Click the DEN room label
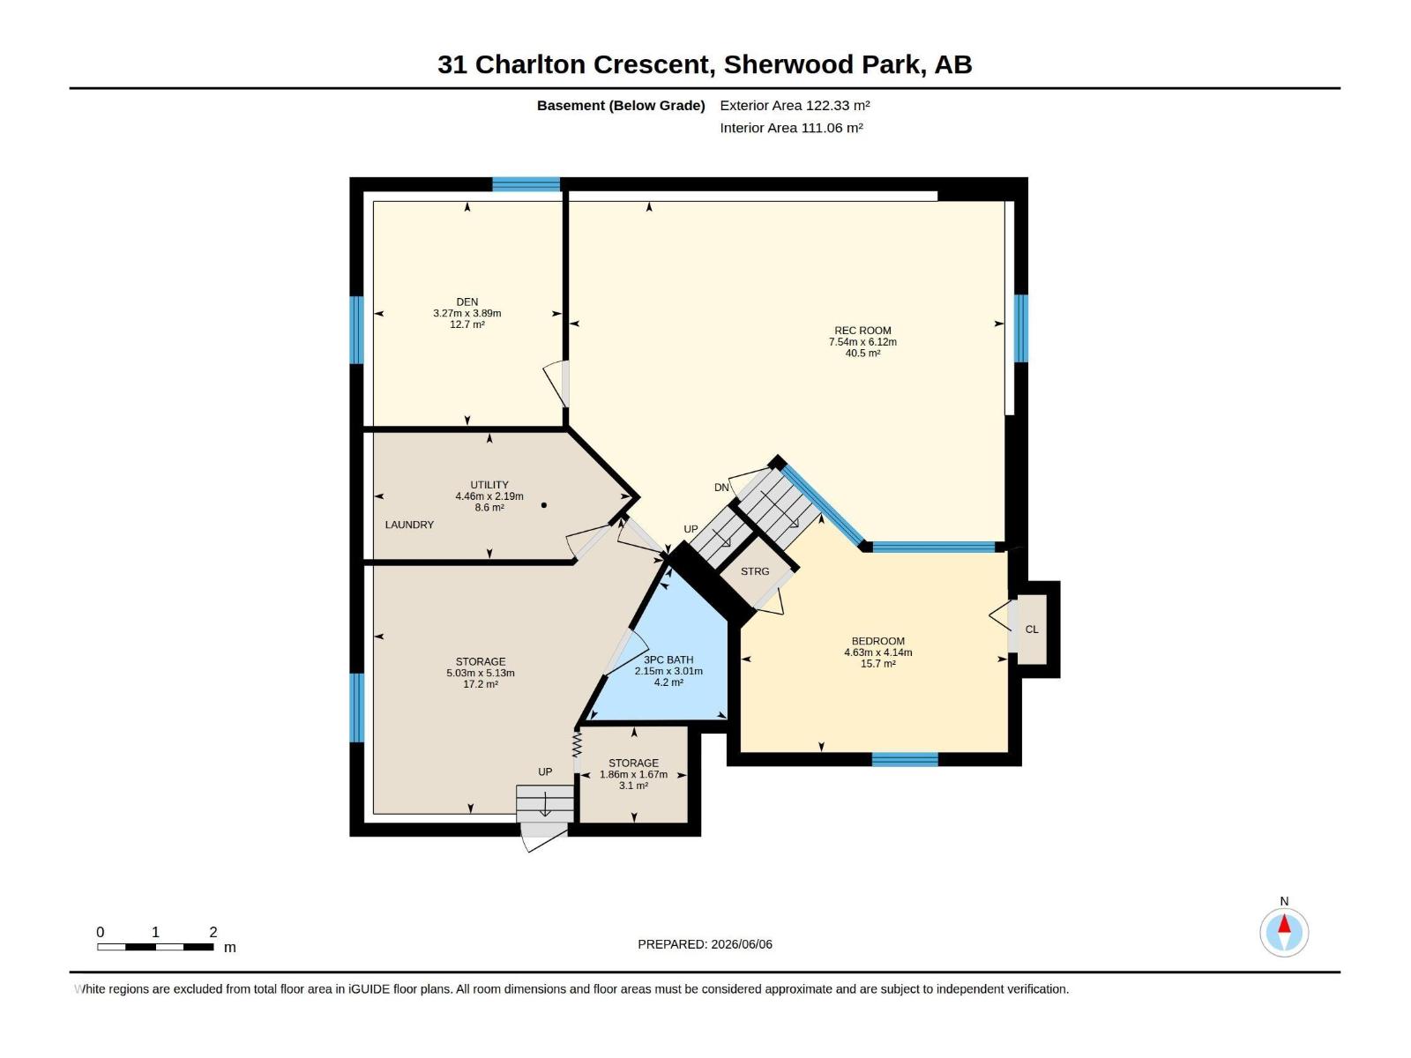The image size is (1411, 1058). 467,302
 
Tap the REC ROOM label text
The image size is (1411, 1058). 862,331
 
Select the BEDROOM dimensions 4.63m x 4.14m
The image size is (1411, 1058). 878,652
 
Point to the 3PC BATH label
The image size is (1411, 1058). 668,659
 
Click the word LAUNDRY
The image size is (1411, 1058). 409,525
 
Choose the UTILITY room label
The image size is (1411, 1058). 489,485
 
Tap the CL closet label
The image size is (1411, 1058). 1032,630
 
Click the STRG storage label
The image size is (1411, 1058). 755,571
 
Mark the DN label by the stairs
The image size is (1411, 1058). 721,488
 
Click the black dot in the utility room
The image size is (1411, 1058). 544,505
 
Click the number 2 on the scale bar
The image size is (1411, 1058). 213,932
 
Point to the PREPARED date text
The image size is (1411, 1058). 705,944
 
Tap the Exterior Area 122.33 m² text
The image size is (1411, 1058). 795,105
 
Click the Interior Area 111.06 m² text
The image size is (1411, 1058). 791,128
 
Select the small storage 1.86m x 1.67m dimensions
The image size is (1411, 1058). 633,775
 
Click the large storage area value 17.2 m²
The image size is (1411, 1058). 481,684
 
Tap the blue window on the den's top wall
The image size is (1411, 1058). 526,184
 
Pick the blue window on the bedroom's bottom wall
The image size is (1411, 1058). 905,759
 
